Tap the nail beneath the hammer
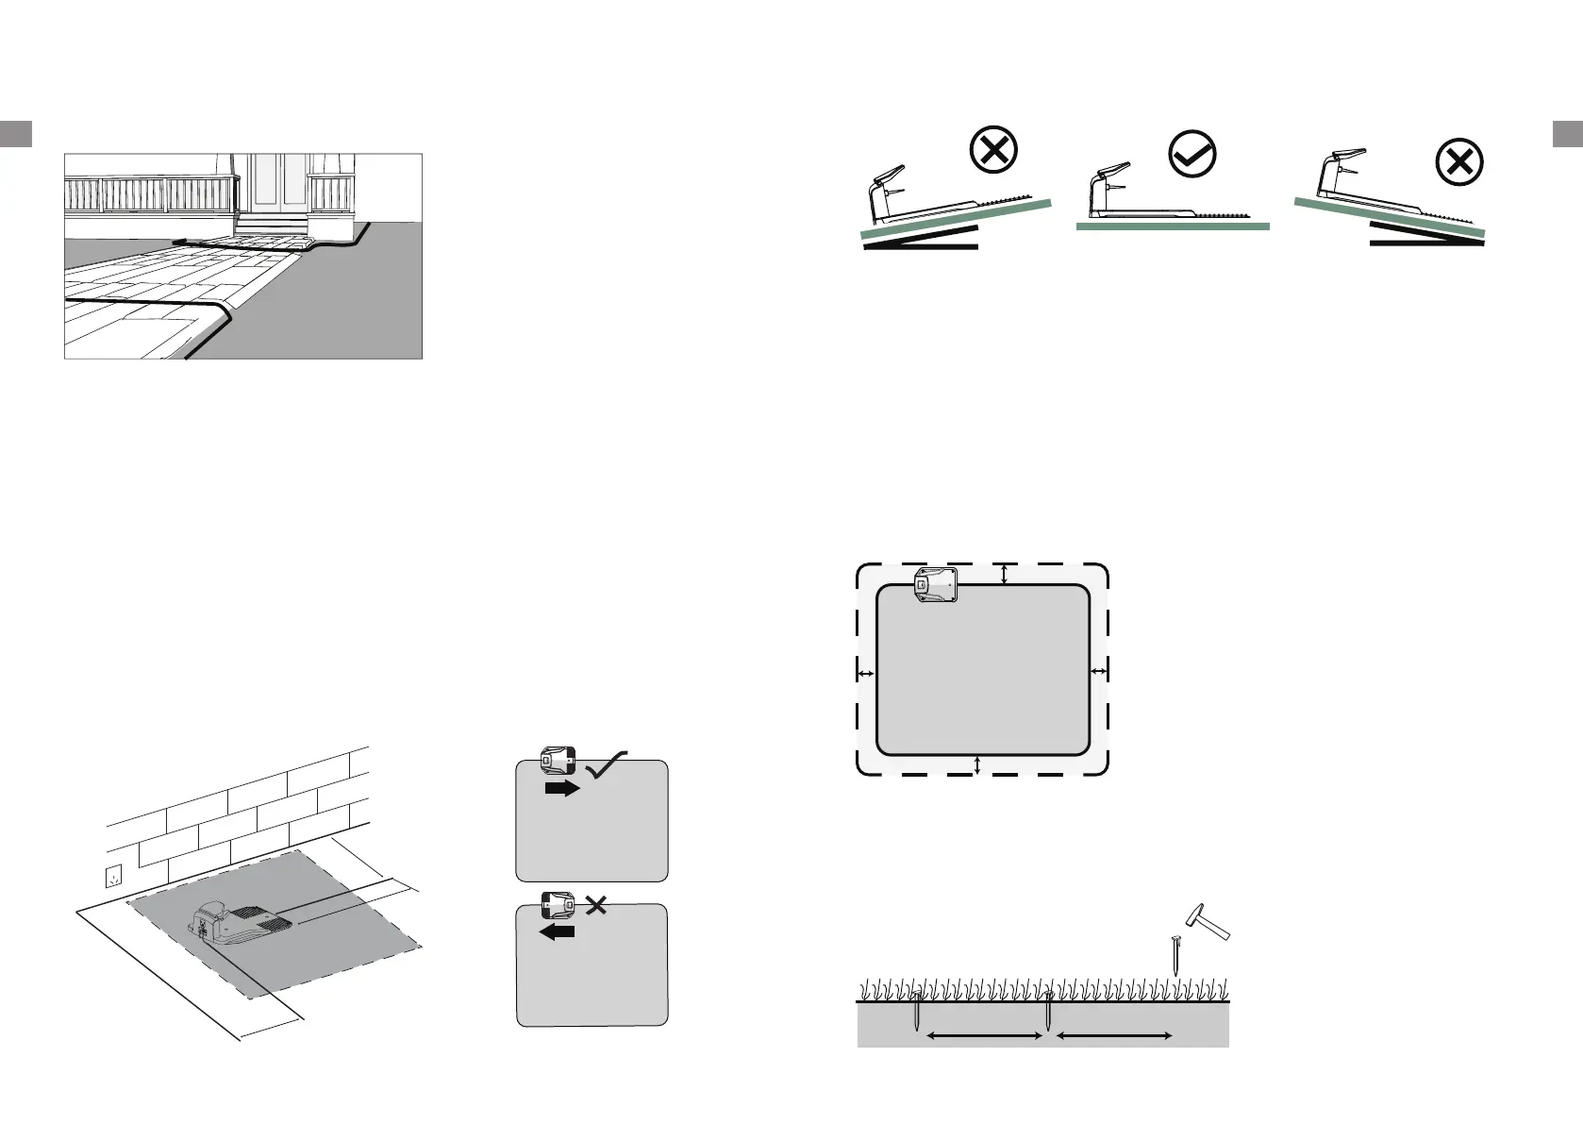1176,954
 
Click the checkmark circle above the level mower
1192,154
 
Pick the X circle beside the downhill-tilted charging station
1458,164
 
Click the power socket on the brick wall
115,877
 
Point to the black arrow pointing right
562,788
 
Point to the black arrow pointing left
557,931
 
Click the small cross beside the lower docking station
595,906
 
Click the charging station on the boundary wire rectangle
937,585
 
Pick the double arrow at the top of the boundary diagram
1005,574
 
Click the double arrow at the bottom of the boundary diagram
977,764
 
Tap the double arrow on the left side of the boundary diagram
865,674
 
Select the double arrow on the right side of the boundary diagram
1099,670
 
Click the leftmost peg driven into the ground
917,1014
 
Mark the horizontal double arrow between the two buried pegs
984,1036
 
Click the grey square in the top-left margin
17,133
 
